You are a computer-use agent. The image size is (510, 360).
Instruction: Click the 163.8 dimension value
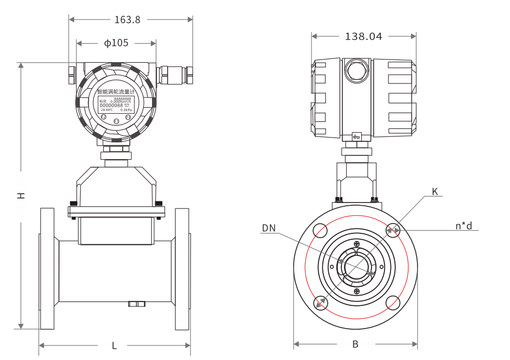point(127,20)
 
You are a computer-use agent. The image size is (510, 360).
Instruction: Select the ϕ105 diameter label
point(116,43)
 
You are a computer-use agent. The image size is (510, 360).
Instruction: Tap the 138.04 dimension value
point(363,37)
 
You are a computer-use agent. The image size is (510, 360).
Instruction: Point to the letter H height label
point(21,195)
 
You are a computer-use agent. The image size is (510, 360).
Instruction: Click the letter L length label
point(114,346)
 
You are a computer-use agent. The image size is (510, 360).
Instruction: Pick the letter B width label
point(355,344)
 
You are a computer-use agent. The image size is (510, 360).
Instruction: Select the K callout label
point(435,192)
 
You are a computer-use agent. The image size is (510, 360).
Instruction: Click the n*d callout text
point(463,225)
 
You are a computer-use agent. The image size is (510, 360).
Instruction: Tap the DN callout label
point(269,228)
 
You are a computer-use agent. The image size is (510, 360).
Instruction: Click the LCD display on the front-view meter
point(116,104)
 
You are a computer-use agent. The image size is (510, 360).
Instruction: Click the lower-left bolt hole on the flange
point(320,303)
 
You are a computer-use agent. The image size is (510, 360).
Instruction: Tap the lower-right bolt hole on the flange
point(393,303)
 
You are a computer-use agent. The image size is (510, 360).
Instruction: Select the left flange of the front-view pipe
point(47,269)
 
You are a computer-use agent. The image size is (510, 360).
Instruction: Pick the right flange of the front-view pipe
point(182,269)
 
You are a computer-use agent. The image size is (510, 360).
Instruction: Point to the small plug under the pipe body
point(136,304)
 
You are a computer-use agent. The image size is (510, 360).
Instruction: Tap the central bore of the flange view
point(355,267)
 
